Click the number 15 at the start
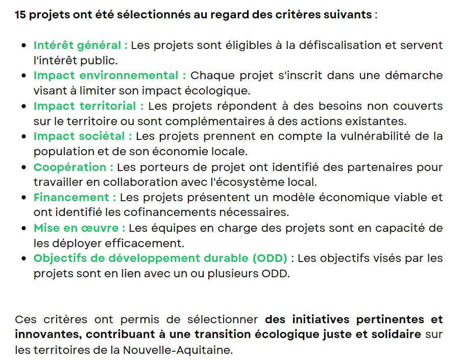click(x=20, y=14)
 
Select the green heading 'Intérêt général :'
click(x=81, y=45)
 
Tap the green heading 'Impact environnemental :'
click(x=110, y=76)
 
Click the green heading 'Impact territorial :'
click(x=89, y=106)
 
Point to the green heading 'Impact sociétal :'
click(x=83, y=136)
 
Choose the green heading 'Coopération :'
click(x=74, y=167)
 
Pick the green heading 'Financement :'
click(x=75, y=197)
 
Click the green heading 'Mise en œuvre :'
click(x=80, y=228)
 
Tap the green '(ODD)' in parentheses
click(x=270, y=258)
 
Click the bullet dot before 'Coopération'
click(x=23, y=167)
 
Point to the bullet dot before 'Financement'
click(x=23, y=198)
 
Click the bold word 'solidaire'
click(x=396, y=335)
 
